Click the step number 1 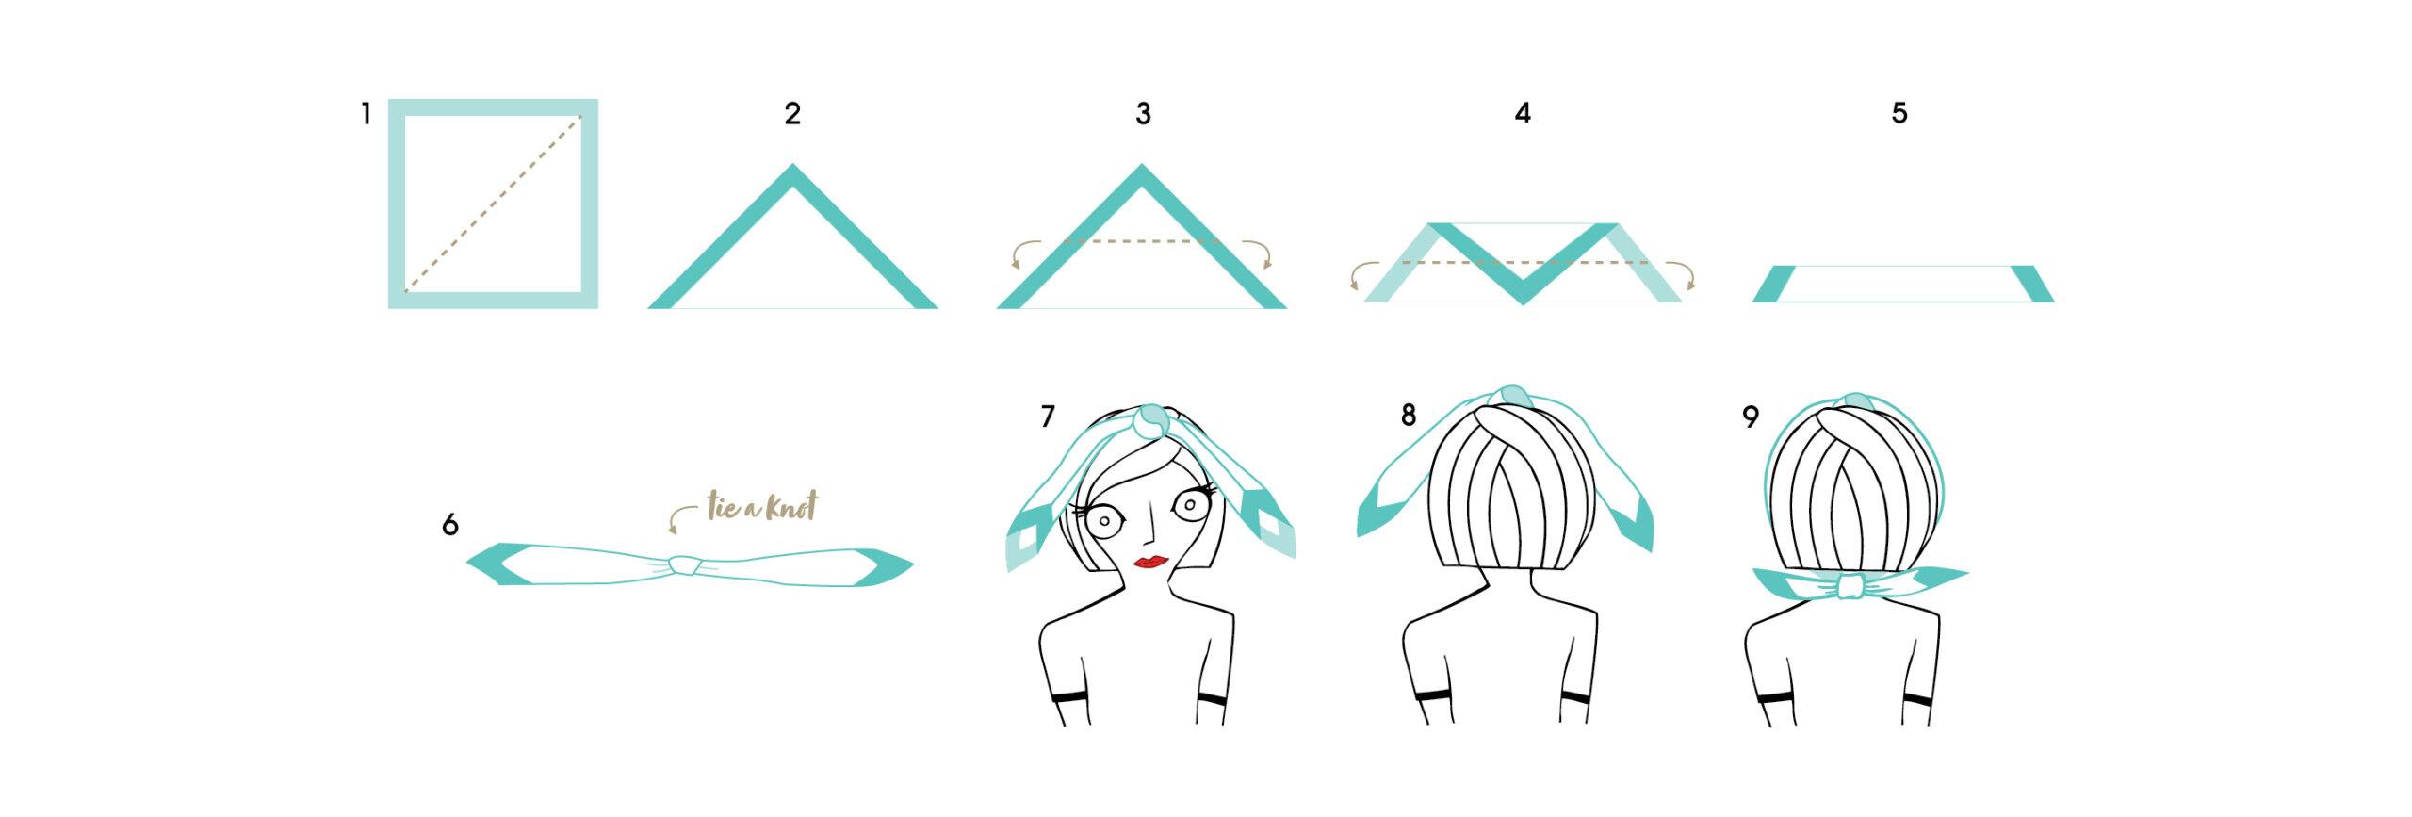pyautogui.click(x=366, y=115)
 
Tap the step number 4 pyautogui.click(x=1523, y=114)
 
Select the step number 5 pyautogui.click(x=1899, y=113)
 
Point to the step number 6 pyautogui.click(x=450, y=525)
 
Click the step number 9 pyautogui.click(x=1751, y=417)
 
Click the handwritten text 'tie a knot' pyautogui.click(x=762, y=507)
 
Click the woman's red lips pyautogui.click(x=1150, y=562)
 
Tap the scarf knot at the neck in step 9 pyautogui.click(x=1852, y=585)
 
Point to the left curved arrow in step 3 pyautogui.click(x=1025, y=253)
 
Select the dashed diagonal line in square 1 pyautogui.click(x=493, y=204)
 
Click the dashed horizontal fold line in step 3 pyautogui.click(x=1142, y=242)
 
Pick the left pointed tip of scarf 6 pyautogui.click(x=468, y=564)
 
